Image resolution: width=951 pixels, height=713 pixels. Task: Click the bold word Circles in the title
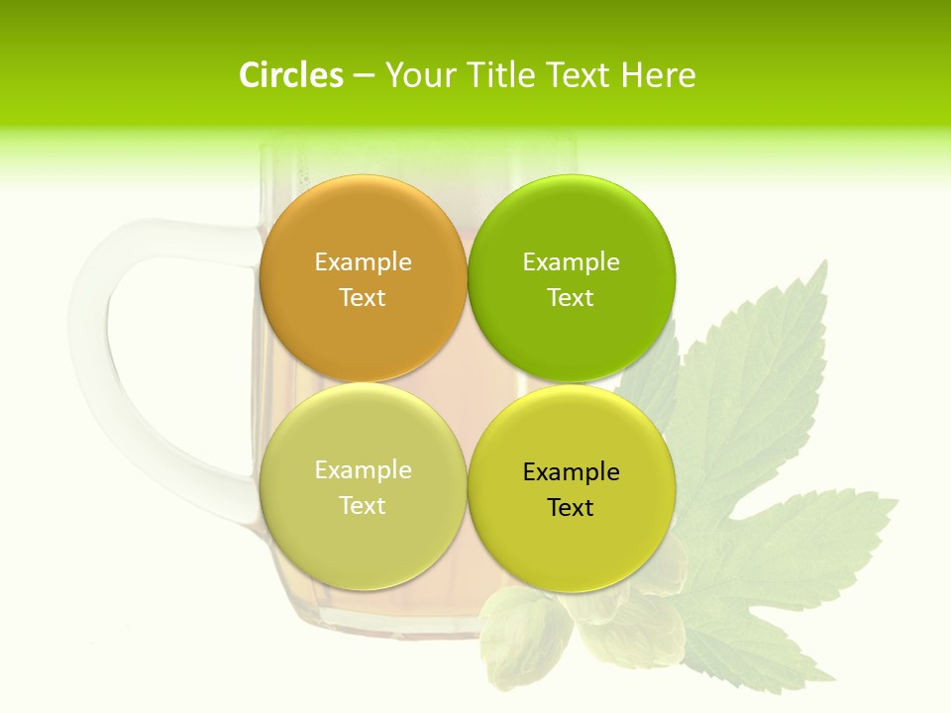click(x=290, y=75)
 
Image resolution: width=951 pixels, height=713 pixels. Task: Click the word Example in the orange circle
click(x=363, y=261)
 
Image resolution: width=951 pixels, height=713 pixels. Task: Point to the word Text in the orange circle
click(x=363, y=297)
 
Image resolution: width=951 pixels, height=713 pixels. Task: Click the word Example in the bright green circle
click(x=572, y=261)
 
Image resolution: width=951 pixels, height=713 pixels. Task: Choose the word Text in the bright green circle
click(x=572, y=297)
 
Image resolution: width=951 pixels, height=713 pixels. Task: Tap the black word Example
click(x=572, y=471)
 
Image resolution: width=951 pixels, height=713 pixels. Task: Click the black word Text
click(x=572, y=507)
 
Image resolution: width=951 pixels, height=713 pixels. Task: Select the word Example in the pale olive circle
click(x=363, y=469)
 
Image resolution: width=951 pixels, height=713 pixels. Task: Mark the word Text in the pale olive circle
click(x=363, y=505)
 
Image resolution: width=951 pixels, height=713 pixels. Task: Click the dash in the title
click(x=364, y=76)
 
